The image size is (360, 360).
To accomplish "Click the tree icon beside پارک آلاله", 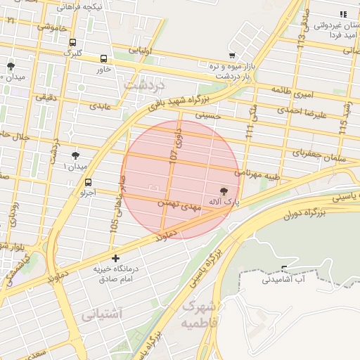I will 224,191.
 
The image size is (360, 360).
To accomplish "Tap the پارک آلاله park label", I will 224,202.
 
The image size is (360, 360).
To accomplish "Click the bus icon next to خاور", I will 104,60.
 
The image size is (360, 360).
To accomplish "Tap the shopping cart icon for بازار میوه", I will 232,56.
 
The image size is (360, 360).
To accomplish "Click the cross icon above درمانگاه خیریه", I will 115,259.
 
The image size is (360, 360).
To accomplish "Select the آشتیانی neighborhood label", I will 102,314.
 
